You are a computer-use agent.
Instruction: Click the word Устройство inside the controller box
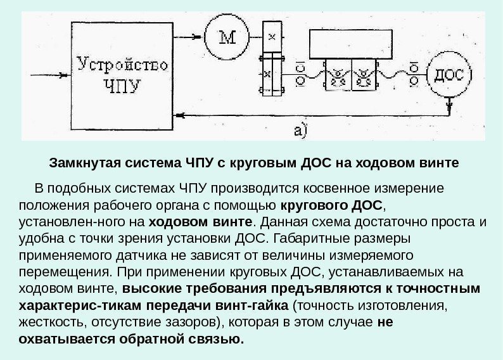[x=122, y=65]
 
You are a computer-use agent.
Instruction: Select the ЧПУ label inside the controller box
[x=122, y=84]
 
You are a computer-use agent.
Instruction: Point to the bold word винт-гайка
[x=228, y=305]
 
